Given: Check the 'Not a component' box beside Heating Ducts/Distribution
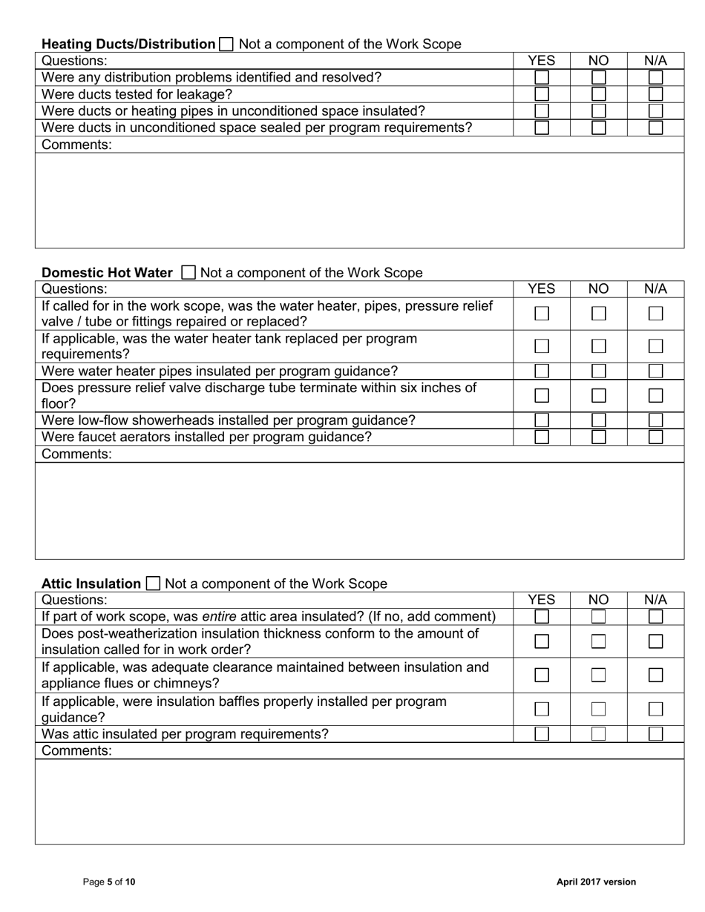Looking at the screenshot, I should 226,44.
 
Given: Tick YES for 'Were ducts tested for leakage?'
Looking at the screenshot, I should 542,94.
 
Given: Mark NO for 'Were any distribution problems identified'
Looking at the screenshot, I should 598,77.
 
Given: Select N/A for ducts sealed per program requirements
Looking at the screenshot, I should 655,128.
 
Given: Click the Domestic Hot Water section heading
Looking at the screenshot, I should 107,273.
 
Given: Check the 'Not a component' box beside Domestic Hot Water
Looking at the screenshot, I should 188,273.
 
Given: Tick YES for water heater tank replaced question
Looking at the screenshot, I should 542,346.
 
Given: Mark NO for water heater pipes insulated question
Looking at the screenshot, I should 598,371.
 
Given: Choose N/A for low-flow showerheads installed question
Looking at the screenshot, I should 655,420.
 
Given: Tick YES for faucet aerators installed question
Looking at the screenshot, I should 542,437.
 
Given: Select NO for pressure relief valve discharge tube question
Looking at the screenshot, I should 598,396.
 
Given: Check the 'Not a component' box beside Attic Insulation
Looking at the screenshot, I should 153,584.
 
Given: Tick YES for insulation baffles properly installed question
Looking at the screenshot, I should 542,709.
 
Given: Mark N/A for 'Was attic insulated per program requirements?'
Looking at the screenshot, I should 655,734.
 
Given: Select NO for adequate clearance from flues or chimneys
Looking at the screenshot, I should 598,675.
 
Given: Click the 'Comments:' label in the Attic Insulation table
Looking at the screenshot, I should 76,750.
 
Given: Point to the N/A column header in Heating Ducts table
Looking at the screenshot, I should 655,61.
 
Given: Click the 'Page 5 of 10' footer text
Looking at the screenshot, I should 109,882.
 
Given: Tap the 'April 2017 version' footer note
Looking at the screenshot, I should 596,882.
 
